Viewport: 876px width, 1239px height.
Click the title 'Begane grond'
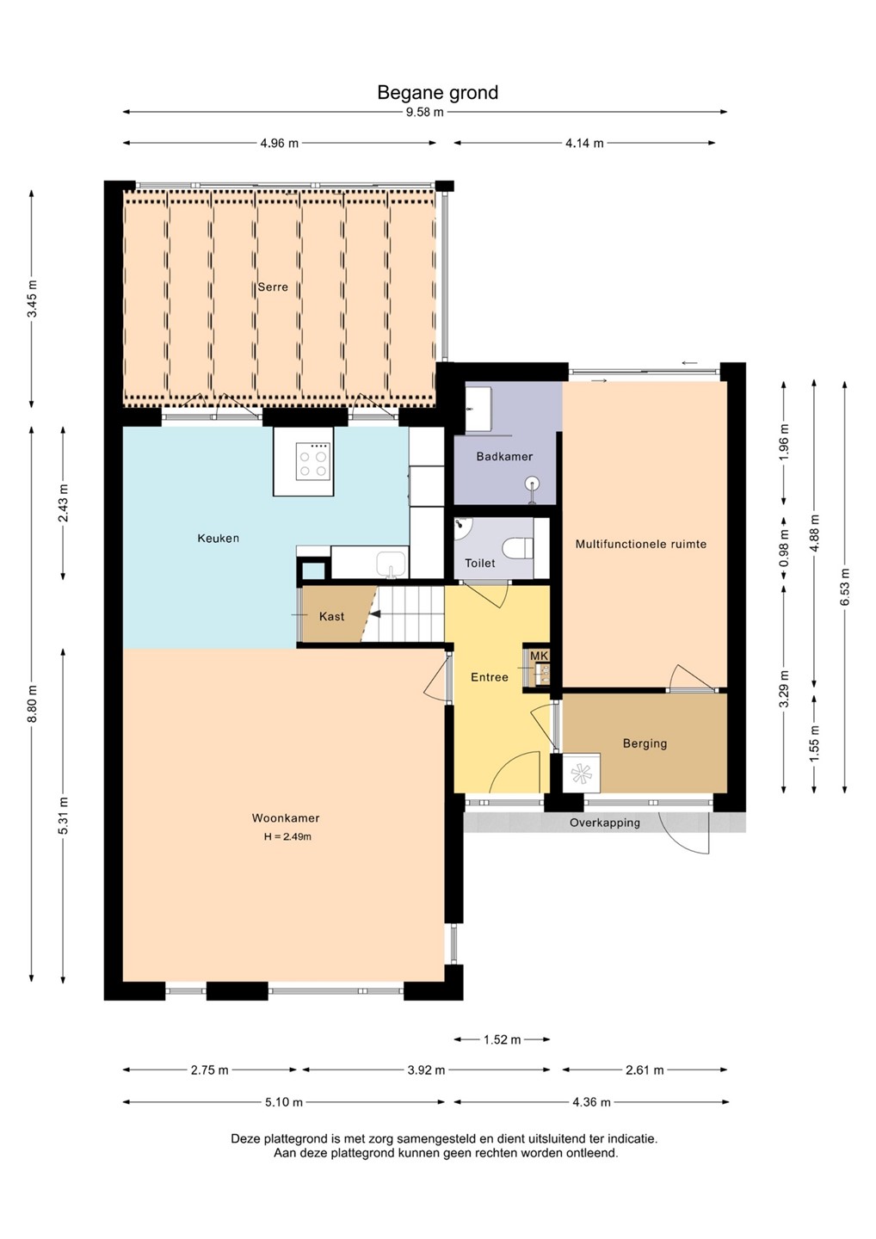click(x=437, y=93)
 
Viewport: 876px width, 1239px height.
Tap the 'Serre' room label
click(x=273, y=287)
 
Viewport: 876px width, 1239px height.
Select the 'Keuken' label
click(x=219, y=539)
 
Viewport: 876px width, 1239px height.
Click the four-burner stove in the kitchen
click(x=314, y=461)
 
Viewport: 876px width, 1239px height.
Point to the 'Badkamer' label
click(x=504, y=456)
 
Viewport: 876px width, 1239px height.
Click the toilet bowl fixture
click(x=517, y=548)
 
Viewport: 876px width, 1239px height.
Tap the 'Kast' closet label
click(x=332, y=616)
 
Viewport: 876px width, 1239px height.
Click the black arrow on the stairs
click(x=376, y=614)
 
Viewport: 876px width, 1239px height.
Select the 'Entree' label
click(x=490, y=677)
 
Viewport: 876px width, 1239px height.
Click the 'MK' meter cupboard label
click(x=540, y=656)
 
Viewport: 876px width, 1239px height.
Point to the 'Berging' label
click(x=645, y=743)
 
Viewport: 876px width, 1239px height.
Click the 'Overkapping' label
click(x=605, y=823)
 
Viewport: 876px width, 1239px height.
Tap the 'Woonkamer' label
click(x=286, y=817)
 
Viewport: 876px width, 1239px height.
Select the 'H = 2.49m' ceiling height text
click(x=287, y=837)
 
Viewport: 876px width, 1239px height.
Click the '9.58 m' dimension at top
click(x=425, y=112)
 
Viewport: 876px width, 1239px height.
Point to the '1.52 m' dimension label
click(x=503, y=1040)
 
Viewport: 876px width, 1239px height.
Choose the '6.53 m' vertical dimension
click(x=844, y=587)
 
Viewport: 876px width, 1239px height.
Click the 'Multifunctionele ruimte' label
click(x=641, y=544)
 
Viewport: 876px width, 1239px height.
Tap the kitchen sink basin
click(x=392, y=564)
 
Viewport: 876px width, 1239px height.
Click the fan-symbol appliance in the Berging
click(x=581, y=773)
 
